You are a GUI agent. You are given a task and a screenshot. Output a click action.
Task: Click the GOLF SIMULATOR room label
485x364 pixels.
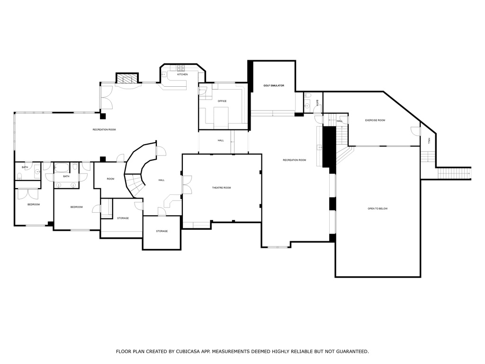coord(274,85)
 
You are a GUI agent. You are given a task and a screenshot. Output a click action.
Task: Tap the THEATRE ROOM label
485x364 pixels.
coord(221,188)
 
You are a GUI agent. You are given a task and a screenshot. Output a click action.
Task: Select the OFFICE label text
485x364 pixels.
coord(222,101)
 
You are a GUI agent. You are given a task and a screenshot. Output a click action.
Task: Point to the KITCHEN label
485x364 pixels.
coord(182,74)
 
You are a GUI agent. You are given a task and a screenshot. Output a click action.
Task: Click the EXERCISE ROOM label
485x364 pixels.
coord(375,120)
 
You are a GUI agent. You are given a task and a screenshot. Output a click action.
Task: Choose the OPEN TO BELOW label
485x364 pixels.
coord(377,209)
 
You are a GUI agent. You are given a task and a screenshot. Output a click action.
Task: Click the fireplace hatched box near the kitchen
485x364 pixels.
coord(127,78)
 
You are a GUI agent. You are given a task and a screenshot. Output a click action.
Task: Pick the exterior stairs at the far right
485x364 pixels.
coord(453,173)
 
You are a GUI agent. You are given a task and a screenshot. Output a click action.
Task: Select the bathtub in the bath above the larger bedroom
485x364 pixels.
coord(62,168)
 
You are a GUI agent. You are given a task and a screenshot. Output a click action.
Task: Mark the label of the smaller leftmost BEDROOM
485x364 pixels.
coord(33,204)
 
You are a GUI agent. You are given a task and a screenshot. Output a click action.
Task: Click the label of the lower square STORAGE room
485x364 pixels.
coord(162,231)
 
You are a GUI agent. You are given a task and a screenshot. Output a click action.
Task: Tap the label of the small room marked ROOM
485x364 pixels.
coord(110,179)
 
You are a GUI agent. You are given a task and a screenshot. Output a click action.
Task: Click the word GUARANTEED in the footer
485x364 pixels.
coord(351,352)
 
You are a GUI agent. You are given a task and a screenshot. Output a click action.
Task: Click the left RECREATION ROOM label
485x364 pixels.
coord(104,129)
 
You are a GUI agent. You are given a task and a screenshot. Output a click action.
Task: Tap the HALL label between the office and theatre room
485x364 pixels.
coord(221,140)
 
